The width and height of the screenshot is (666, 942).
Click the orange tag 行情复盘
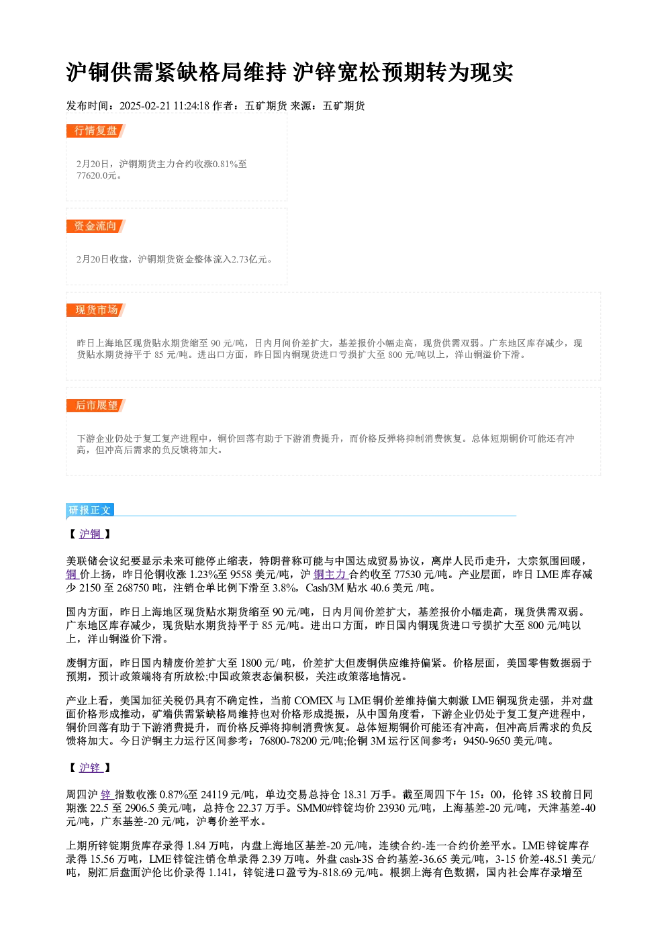96,131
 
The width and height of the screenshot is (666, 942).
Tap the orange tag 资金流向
96,226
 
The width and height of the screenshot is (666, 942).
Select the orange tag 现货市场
96,310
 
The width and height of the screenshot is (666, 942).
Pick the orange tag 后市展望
96,406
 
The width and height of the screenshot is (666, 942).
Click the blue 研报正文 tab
90,510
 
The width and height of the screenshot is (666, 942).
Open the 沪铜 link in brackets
91,534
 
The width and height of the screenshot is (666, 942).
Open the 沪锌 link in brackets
91,767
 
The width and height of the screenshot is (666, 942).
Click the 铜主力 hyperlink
330,575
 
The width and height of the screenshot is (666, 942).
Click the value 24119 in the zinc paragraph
214,794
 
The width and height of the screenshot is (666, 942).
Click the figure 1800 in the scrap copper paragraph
252,663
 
